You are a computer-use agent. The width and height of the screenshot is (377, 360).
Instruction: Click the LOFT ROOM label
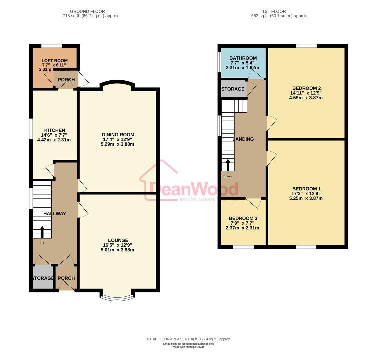pos(55,61)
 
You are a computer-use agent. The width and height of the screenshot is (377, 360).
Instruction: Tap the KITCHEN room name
pos(55,130)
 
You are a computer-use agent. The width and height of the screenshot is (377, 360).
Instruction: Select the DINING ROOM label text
pos(118,135)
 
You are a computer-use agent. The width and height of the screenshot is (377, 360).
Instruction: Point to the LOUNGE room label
pos(118,240)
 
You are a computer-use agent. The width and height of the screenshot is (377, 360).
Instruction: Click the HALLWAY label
pos(55,214)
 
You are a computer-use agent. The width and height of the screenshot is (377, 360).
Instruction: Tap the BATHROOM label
pos(243,58)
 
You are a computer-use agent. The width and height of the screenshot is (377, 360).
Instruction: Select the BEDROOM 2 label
pos(306,88)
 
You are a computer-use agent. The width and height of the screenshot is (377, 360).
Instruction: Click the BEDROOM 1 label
pos(306,189)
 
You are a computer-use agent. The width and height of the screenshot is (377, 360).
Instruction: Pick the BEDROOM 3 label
pos(243,218)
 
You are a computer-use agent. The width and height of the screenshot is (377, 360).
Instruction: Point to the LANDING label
pos(243,139)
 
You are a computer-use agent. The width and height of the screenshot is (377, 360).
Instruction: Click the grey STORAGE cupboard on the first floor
pos(233,89)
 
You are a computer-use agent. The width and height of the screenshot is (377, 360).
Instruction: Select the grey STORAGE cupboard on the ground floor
pos(43,278)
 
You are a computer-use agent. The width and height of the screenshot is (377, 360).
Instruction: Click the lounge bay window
pos(118,298)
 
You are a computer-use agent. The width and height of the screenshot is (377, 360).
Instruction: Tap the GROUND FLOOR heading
pos(87,11)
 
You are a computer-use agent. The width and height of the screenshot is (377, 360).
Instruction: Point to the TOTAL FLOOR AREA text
pos(188,339)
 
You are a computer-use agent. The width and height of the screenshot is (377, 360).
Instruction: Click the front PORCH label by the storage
pos(66,278)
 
